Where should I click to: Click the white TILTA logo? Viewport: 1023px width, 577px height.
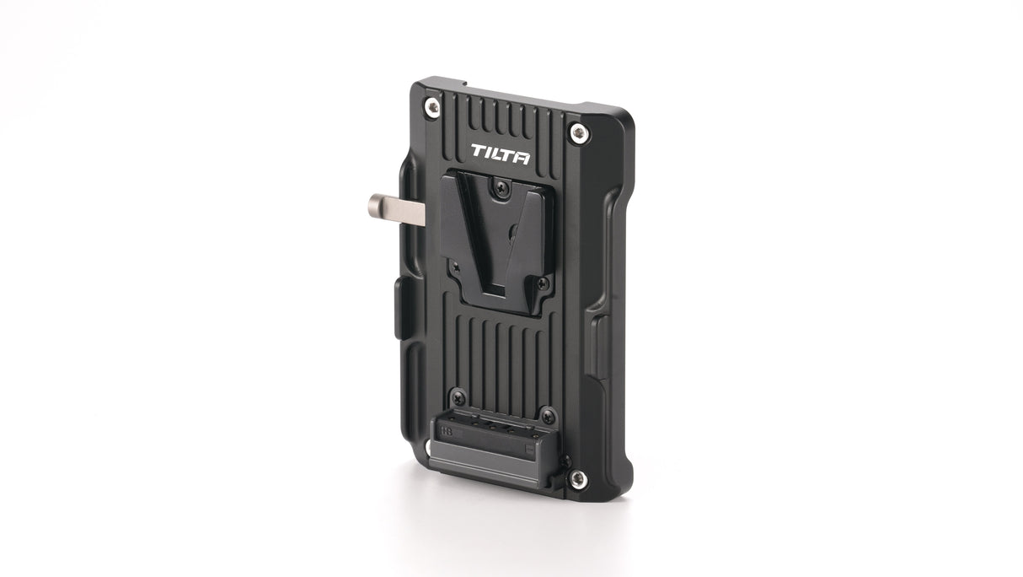tap(500, 154)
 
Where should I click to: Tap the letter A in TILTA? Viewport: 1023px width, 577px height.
tap(522, 156)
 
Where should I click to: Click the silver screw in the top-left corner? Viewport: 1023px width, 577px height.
tap(432, 105)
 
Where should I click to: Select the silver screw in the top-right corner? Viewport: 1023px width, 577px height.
tap(577, 132)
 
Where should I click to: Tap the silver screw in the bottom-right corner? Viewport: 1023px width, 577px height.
tap(577, 478)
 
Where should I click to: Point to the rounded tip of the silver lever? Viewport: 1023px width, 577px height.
tap(374, 203)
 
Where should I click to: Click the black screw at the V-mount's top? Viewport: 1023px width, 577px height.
tap(501, 187)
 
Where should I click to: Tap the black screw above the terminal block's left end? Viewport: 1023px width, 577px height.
tap(458, 396)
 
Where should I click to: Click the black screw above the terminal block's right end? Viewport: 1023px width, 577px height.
tap(548, 414)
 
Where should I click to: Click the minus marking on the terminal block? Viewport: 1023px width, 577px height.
tap(528, 449)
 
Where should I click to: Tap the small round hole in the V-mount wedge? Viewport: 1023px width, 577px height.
tap(512, 229)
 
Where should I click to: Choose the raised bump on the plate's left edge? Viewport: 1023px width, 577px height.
tap(399, 307)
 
